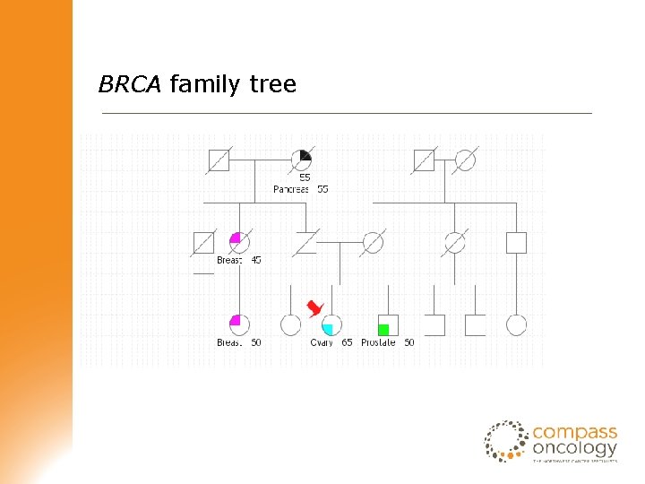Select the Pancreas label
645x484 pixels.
pos(291,189)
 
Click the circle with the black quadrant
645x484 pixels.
pos(301,160)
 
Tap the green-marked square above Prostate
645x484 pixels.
pos(387,324)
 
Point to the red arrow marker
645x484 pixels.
pos(314,308)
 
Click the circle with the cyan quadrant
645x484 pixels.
pos(332,324)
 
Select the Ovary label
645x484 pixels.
pos(322,342)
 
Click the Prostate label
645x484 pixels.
pos(378,342)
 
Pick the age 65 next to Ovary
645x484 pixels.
pos(347,342)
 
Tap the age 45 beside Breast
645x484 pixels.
pos(256,260)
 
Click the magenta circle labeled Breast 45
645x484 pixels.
pos(239,242)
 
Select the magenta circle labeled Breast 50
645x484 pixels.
pos(239,324)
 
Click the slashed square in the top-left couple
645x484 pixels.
pos(219,160)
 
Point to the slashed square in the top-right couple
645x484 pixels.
pos(424,160)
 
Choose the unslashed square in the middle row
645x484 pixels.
pos(516,242)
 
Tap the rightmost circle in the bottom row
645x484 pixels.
pos(516,324)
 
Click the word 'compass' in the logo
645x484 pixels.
pos(574,431)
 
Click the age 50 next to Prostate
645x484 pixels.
pos(409,342)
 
